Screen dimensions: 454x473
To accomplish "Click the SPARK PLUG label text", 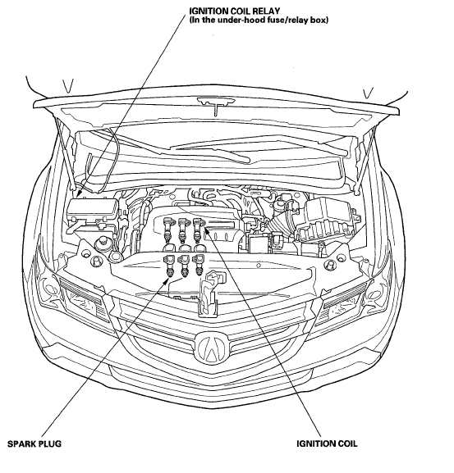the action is click(34, 443).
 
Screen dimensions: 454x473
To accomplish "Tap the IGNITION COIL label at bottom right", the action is click(327, 443).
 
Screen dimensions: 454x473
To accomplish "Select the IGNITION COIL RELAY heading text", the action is click(234, 11).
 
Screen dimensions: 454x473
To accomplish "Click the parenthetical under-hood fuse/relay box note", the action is click(259, 20).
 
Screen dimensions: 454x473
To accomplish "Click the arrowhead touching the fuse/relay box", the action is click(80, 193).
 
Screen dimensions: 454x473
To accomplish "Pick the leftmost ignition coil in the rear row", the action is click(167, 230).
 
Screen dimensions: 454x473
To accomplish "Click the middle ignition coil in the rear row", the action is click(182, 230).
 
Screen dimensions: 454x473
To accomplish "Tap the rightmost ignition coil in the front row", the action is click(199, 265).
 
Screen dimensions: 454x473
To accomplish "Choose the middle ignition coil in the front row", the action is click(184, 266).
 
